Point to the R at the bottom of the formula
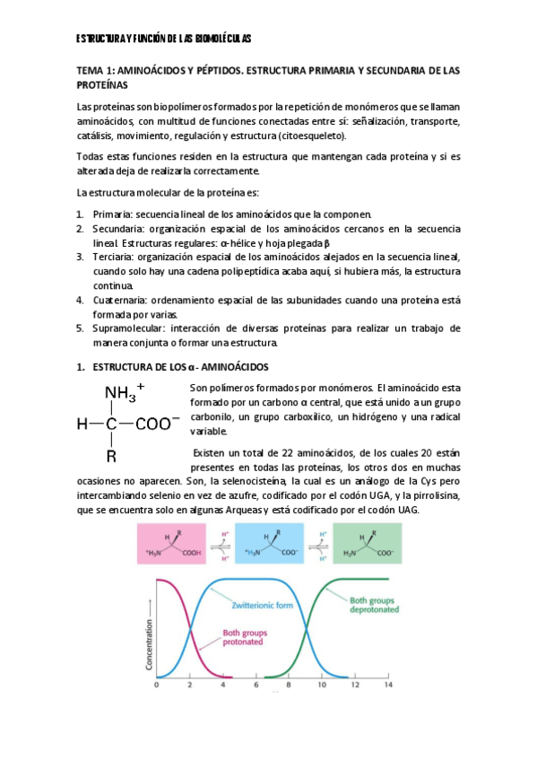pyautogui.click(x=111, y=455)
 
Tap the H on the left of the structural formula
pyautogui.click(x=82, y=422)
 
